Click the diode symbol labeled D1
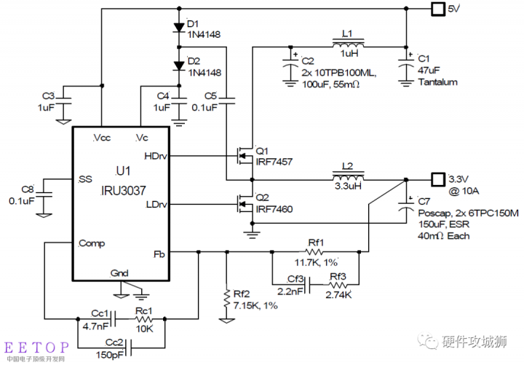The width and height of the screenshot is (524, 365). pos(178,28)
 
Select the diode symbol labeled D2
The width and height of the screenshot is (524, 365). pos(178,66)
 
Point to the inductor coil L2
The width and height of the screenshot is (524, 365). pos(349,179)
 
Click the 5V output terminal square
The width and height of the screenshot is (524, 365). pos(437,9)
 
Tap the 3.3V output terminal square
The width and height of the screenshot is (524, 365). pos(437,178)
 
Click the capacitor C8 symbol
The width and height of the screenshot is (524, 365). pos(45,194)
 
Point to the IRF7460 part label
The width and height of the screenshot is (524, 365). pos(274,209)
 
